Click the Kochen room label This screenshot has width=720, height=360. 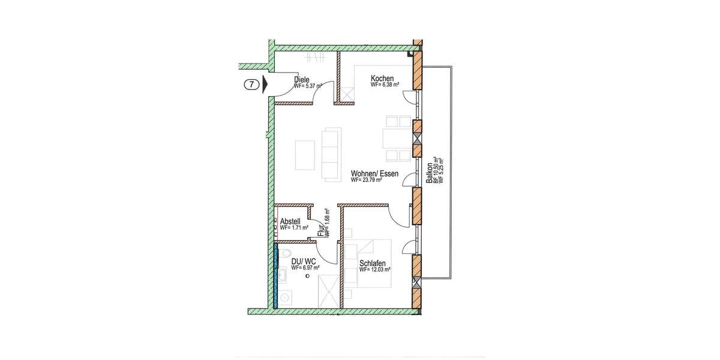[382, 79]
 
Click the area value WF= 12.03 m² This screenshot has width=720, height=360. [375, 271]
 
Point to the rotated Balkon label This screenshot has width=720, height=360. [429, 175]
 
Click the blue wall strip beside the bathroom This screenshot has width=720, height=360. [276, 275]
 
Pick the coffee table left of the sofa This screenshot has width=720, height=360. [304, 154]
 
